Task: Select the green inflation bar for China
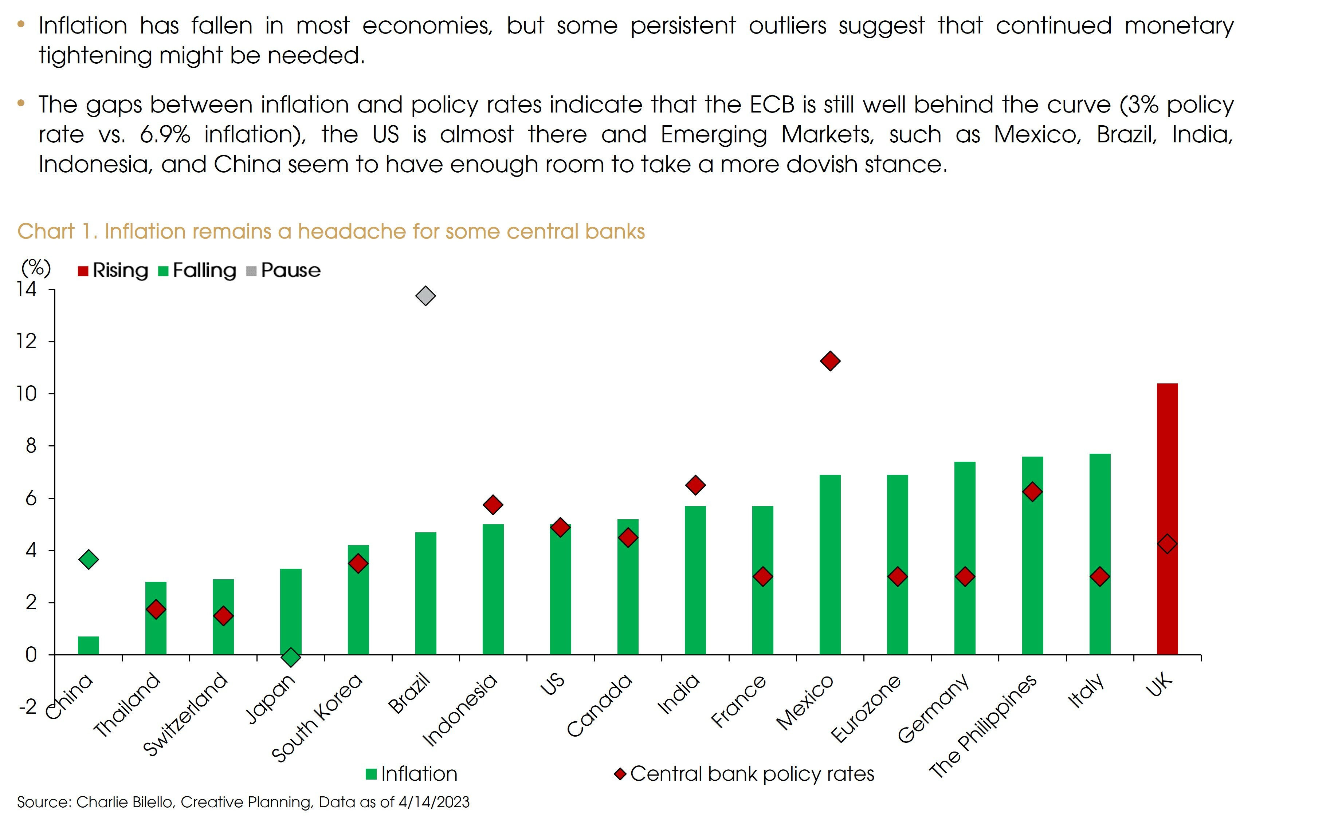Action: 89,645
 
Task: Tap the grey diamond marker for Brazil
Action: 425,296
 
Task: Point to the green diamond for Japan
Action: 291,657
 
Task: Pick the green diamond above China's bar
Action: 89,559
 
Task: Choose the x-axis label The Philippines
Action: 983,727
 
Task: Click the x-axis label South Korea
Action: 317,718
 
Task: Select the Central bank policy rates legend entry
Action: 744,774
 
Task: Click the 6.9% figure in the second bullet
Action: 165,134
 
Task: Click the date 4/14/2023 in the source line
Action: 433,802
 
